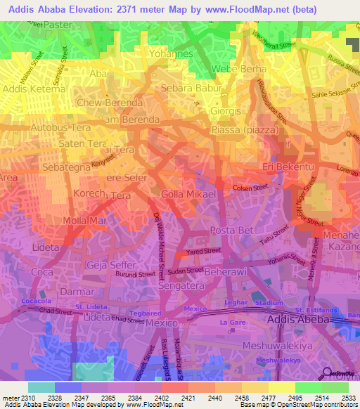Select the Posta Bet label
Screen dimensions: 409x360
(x=229, y=232)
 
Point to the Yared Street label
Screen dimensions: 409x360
(x=203, y=250)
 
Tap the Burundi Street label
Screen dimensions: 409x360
(x=136, y=275)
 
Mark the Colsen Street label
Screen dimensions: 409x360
(x=250, y=188)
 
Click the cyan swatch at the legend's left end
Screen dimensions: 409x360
(x=41, y=387)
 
